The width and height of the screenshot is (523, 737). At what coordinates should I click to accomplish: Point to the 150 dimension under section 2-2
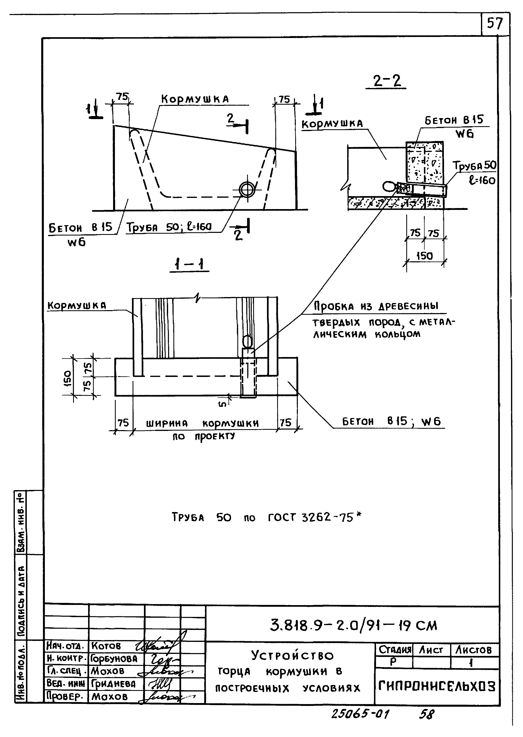point(425,256)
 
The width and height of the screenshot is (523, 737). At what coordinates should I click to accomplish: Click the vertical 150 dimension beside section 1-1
point(68,378)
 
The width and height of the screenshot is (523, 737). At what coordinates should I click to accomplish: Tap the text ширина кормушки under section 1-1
point(202,423)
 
